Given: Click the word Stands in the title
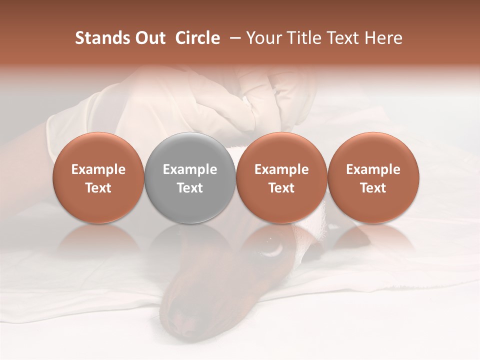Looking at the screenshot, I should coord(98,38).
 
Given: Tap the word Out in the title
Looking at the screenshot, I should coord(148,38).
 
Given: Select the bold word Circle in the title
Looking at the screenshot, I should coord(197,38).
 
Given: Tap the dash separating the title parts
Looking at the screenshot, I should coord(233,38).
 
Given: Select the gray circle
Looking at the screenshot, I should coord(190,177).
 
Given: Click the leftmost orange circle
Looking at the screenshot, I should coord(98,177).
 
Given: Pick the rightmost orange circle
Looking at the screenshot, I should coord(373,177).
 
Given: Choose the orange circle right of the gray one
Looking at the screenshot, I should coord(281,177).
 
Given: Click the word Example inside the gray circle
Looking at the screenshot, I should coord(190,169).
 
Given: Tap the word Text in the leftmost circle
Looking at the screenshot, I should coord(98,188).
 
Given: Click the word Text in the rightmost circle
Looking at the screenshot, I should coord(373,188).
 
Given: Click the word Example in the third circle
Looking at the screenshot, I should coord(281,169).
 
